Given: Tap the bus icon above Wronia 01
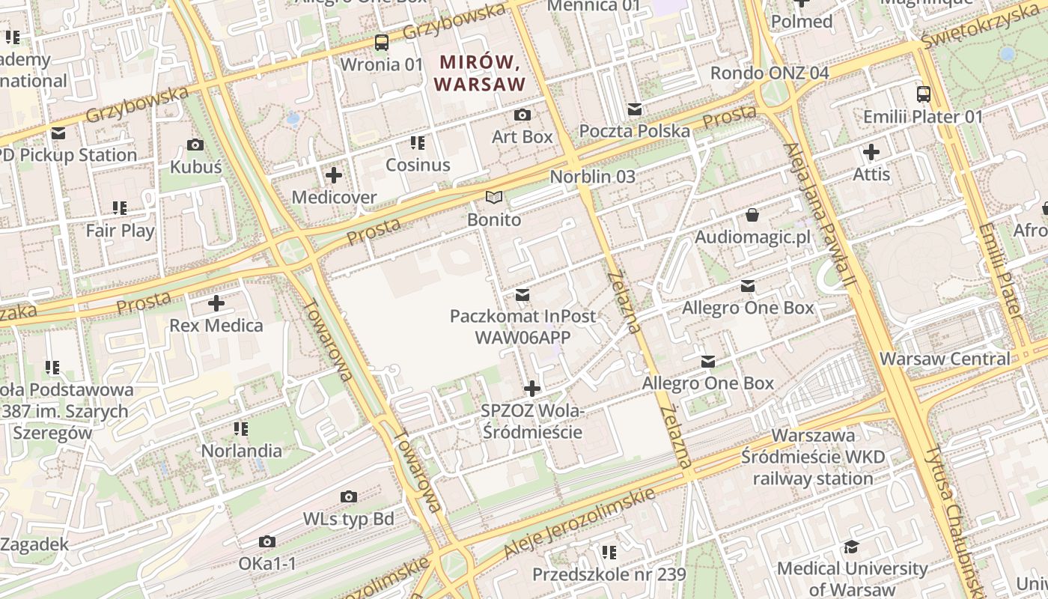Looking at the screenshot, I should (x=382, y=43).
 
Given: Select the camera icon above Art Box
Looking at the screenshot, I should (x=523, y=115).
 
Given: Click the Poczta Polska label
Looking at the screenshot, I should (x=635, y=131).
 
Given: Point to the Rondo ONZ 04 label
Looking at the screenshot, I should (x=770, y=73).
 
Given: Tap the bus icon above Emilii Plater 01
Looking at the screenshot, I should (x=924, y=94).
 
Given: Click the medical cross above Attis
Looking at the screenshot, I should (x=871, y=153).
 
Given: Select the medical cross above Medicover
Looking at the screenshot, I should (x=334, y=176).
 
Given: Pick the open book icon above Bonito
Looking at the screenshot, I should (x=493, y=198).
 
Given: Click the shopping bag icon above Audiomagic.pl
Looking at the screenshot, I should (x=752, y=216).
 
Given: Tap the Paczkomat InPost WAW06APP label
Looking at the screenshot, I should (x=523, y=326).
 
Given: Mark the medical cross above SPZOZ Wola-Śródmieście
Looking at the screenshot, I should (x=532, y=389).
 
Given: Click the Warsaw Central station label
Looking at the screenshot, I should (x=945, y=359).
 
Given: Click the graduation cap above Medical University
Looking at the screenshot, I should (x=852, y=547).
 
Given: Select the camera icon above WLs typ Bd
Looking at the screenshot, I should (x=348, y=497).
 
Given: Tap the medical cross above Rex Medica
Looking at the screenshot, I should (x=216, y=303).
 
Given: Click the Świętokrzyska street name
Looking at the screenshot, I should (x=981, y=27).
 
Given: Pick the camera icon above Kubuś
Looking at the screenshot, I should (x=195, y=145).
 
